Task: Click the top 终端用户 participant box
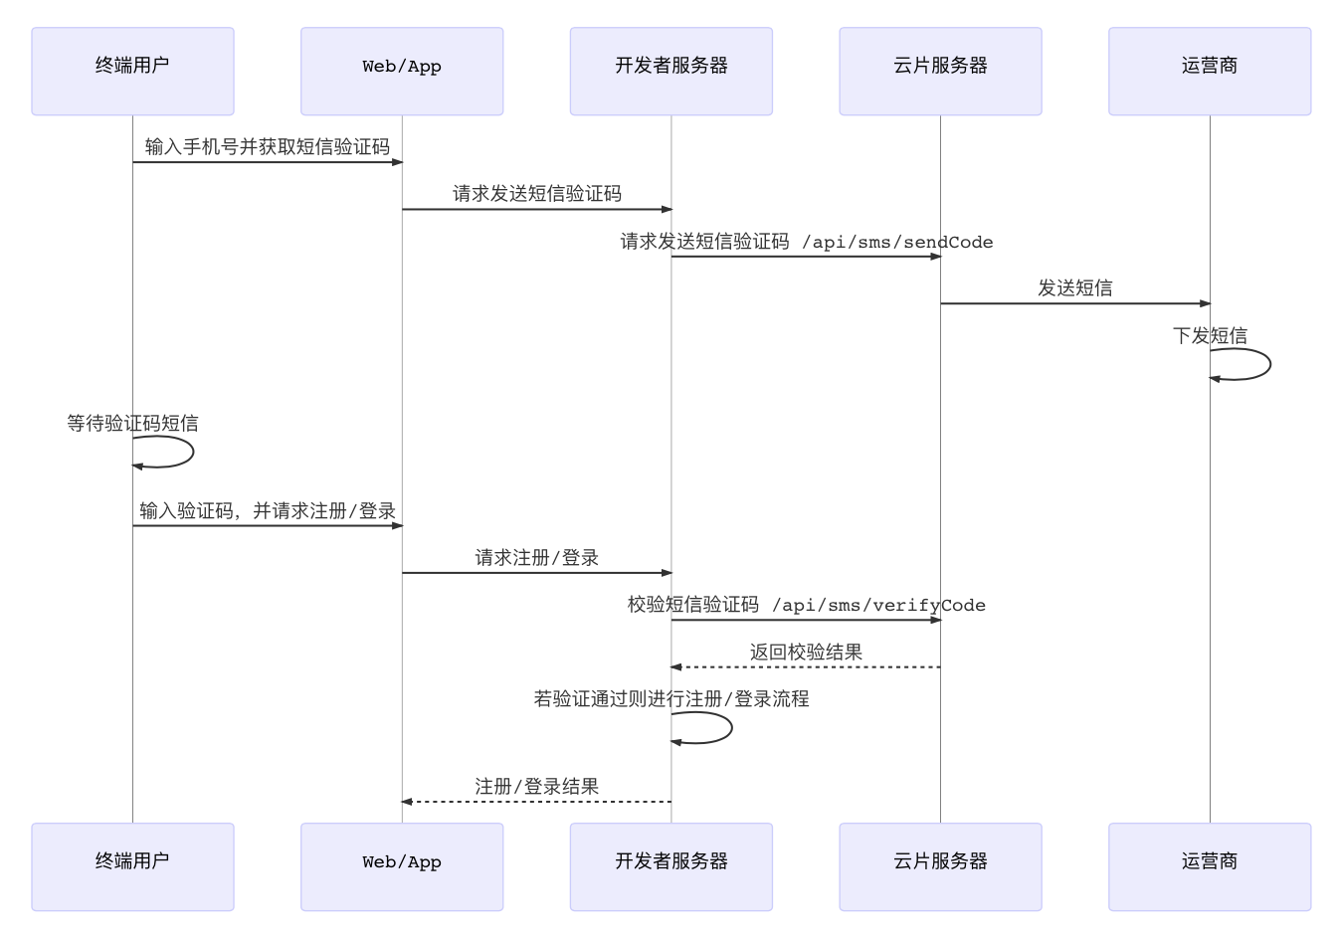click(x=132, y=71)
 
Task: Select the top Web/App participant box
click(x=402, y=71)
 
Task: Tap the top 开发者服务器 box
click(x=670, y=71)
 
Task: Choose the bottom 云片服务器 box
click(x=940, y=866)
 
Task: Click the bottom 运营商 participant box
click(x=1210, y=866)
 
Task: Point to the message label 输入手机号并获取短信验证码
click(x=267, y=147)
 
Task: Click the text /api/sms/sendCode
click(x=897, y=242)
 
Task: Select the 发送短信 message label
click(x=1074, y=288)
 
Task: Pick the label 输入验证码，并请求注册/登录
click(x=267, y=511)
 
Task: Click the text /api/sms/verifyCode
click(x=878, y=605)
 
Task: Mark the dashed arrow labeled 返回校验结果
click(x=806, y=667)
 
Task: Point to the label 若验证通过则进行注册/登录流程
click(x=670, y=699)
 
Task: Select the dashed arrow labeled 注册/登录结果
click(x=537, y=802)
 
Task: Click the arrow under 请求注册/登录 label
click(x=537, y=573)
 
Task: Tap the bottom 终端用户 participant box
click(x=132, y=866)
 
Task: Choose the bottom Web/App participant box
click(x=402, y=866)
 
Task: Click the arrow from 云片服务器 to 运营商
click(x=1074, y=303)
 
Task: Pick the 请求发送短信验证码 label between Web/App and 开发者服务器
click(x=537, y=194)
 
